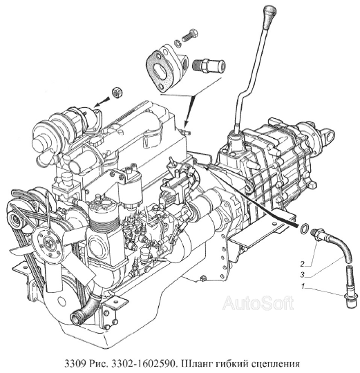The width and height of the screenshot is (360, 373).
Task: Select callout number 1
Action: (303, 286)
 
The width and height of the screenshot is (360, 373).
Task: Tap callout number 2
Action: (303, 264)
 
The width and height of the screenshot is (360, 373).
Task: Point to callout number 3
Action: (303, 275)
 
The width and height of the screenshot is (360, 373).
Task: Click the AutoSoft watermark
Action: (258, 303)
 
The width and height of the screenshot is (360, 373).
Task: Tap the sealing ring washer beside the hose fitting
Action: (304, 228)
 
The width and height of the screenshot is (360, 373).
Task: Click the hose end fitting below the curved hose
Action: (350, 287)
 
